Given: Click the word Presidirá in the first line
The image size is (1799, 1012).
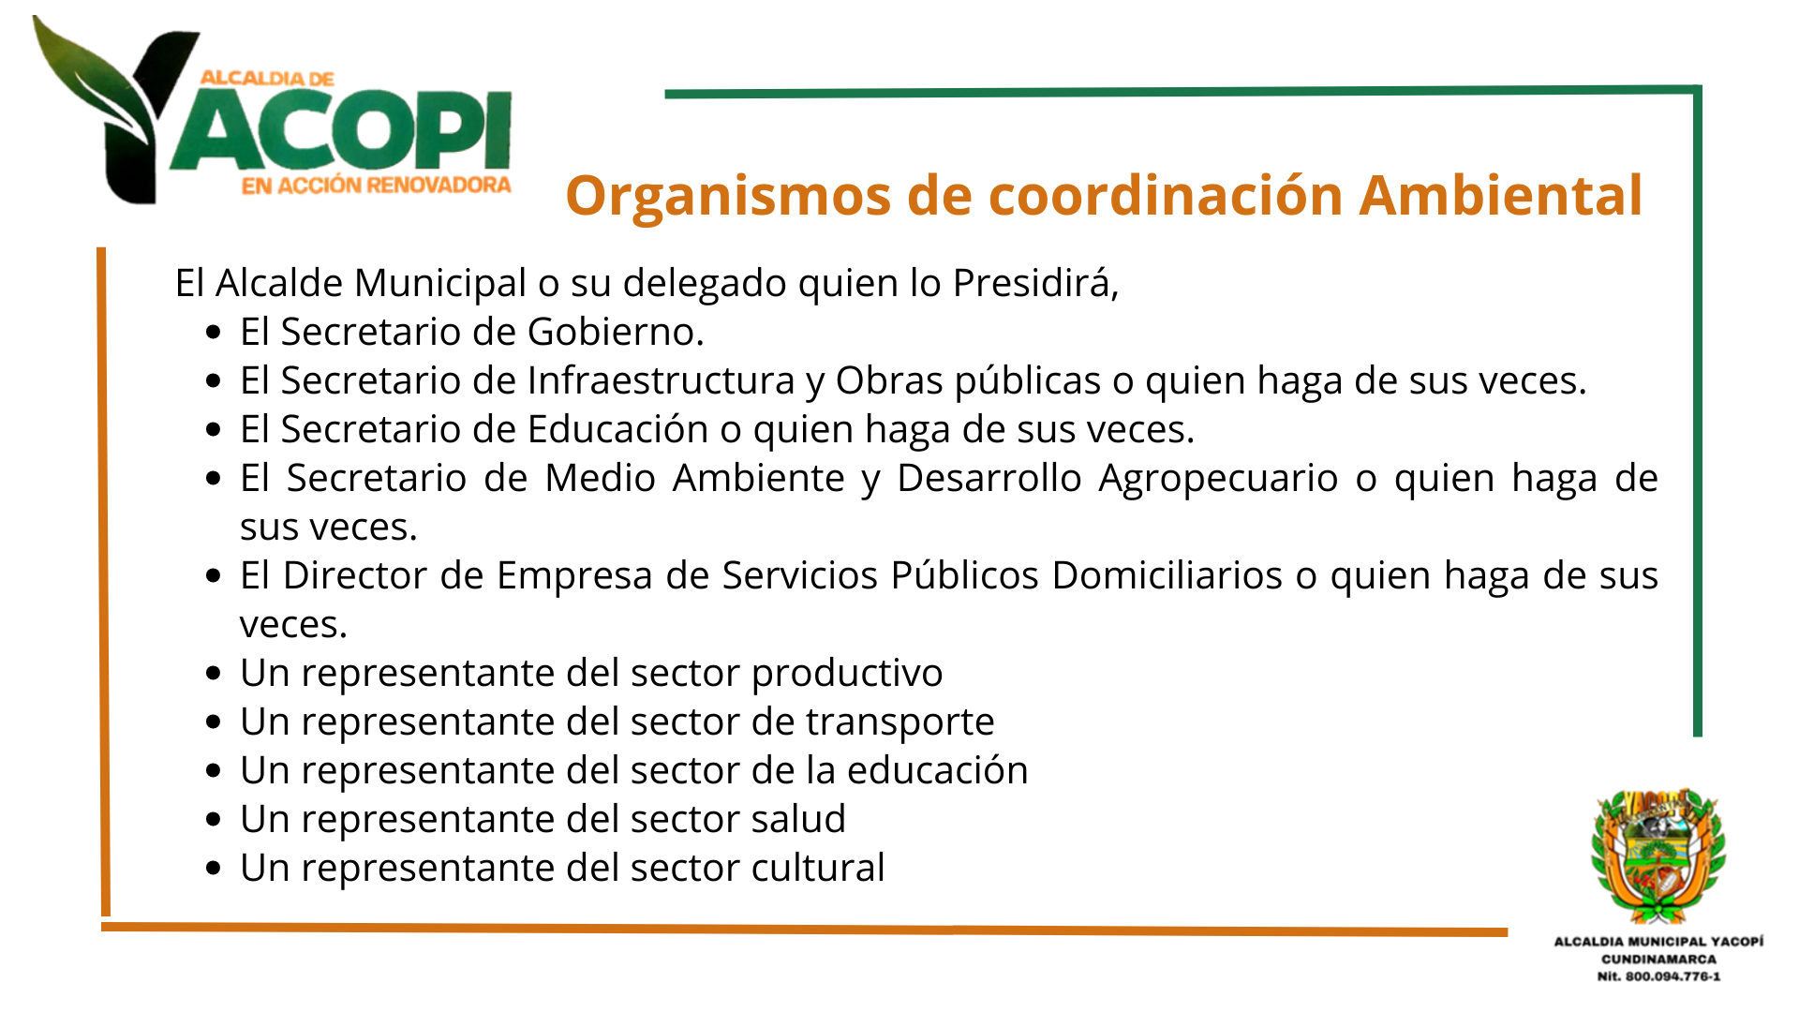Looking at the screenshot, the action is point(1035,283).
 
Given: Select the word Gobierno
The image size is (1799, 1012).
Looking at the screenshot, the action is point(615,332).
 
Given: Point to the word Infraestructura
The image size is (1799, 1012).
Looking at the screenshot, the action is point(661,380).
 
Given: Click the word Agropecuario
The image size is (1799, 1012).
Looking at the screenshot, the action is point(1218,479).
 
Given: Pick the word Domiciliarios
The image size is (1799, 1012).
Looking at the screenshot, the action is point(1167,575).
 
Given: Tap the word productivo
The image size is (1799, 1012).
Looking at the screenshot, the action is point(847,674).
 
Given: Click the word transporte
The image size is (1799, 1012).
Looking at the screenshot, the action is point(899,722).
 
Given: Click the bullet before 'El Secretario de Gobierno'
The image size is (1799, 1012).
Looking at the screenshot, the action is point(214,333).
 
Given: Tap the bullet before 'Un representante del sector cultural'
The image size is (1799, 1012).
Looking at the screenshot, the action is point(214,869).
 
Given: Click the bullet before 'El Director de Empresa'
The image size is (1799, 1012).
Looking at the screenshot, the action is point(214,576).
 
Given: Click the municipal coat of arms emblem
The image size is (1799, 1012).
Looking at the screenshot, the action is point(1658,854).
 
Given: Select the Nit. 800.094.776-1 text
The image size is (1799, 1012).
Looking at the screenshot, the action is point(1658,976).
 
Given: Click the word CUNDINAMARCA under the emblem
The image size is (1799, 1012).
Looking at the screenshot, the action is point(1658,959).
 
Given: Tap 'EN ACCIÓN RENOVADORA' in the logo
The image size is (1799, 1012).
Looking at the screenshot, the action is point(376,186).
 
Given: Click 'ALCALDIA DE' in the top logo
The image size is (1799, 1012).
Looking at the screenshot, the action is point(267,79).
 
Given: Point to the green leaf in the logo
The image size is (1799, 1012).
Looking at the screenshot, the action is point(89,80).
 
